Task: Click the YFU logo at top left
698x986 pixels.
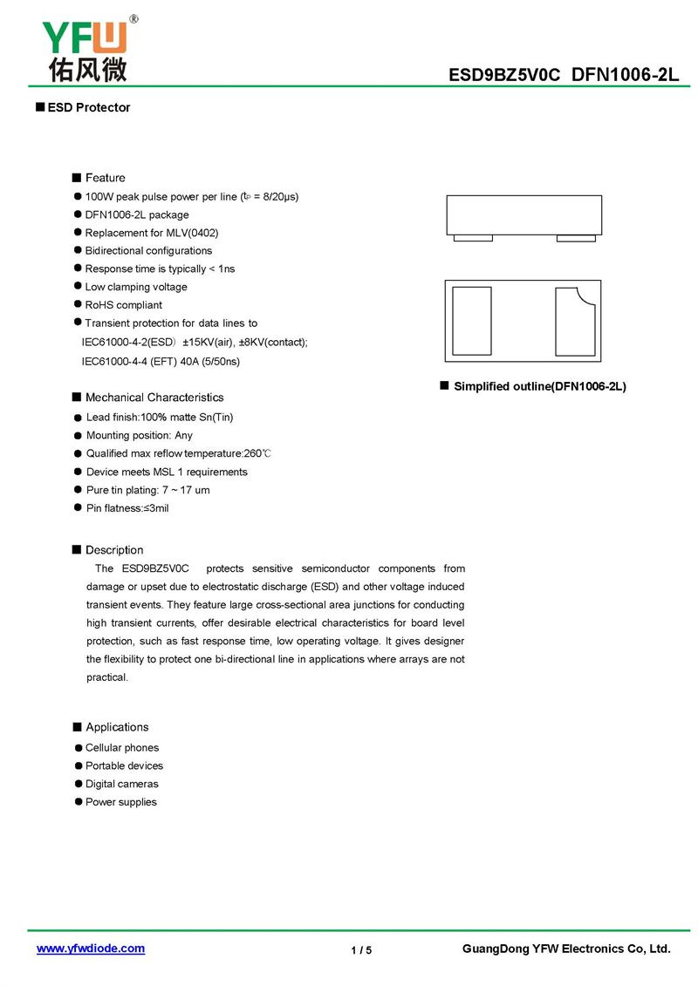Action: (85, 49)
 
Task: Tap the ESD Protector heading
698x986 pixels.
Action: (88, 107)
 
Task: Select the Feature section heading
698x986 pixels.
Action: (105, 178)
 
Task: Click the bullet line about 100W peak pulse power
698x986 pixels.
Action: (191, 197)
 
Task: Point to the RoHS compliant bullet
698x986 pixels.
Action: (123, 305)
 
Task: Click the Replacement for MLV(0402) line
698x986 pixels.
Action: (151, 233)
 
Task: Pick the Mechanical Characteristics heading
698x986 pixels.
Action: (154, 398)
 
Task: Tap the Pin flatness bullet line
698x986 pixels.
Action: (127, 508)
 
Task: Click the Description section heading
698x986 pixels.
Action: (114, 550)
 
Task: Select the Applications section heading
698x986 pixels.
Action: (117, 727)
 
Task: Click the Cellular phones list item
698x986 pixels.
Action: (122, 748)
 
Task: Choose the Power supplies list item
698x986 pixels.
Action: (120, 802)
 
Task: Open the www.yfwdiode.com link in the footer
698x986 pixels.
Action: (91, 949)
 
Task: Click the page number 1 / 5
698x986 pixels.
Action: (361, 950)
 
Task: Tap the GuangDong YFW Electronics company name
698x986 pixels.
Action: (566, 949)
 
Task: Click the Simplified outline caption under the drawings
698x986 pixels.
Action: (539, 386)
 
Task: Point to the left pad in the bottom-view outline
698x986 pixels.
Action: (472, 321)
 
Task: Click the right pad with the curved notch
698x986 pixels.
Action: (574, 322)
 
